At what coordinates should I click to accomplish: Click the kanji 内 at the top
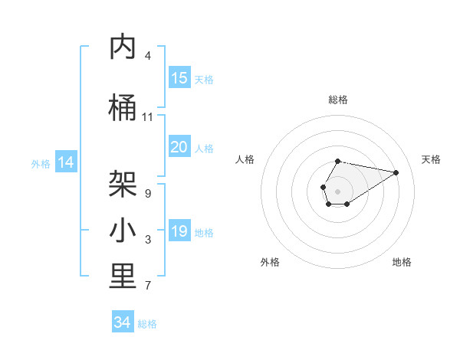(x=123, y=47)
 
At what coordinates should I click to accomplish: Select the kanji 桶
(x=123, y=109)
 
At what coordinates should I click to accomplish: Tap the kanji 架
(x=123, y=184)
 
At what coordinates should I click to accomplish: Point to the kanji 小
(x=123, y=231)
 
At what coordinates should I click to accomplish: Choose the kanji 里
(x=123, y=277)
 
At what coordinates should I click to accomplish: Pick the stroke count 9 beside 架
(x=147, y=193)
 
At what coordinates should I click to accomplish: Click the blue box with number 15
(x=179, y=78)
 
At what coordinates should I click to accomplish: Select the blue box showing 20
(x=179, y=147)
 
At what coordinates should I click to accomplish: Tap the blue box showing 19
(x=179, y=231)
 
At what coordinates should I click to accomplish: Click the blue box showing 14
(x=66, y=162)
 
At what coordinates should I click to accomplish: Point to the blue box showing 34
(x=123, y=322)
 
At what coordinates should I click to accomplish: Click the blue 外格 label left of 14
(x=41, y=163)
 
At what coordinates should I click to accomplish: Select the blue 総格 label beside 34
(x=147, y=324)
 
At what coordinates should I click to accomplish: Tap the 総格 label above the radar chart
(x=338, y=100)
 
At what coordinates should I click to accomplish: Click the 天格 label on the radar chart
(x=431, y=159)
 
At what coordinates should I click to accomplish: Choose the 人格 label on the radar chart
(x=245, y=159)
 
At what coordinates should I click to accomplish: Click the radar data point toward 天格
(x=396, y=172)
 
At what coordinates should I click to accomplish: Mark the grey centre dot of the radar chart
(x=337, y=191)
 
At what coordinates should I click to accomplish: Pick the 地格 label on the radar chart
(x=402, y=262)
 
